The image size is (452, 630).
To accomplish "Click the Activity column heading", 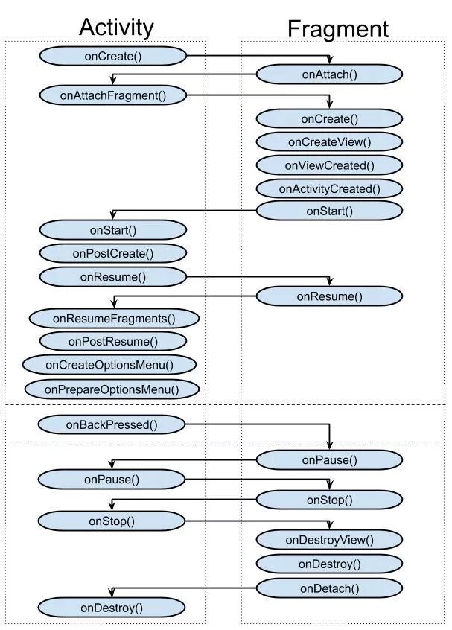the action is click(116, 28).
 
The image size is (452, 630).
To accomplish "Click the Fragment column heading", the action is click(338, 29).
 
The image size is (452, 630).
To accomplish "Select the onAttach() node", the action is click(329, 74).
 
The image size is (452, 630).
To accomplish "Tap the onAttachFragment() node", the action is click(113, 95).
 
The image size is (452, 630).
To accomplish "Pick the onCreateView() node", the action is click(329, 141).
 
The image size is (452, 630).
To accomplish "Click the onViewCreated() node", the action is click(329, 165).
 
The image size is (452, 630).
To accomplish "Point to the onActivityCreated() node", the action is click(329, 188).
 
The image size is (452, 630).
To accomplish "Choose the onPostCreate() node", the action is click(113, 253).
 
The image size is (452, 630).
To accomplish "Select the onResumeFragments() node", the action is click(114, 319).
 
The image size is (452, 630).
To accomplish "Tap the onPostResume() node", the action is click(113, 342).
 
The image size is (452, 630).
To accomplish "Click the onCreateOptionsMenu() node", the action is click(109, 365).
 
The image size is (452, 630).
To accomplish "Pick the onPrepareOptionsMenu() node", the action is click(112, 389).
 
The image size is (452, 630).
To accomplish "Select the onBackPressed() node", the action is click(112, 424).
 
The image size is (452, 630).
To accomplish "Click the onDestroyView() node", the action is click(329, 540).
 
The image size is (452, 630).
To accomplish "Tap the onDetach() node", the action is click(329, 588).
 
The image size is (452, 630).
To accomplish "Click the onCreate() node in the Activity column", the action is click(113, 57).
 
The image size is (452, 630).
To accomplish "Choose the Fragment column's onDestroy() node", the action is click(329, 564).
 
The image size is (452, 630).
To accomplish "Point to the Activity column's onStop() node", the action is click(112, 521).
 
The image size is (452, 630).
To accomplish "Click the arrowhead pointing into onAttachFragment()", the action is click(113, 80).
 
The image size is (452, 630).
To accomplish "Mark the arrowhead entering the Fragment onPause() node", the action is click(329, 445).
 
